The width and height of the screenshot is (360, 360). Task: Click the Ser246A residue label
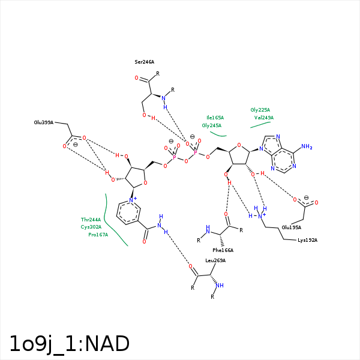coord(144,62)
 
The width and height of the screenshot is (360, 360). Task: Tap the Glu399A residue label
coord(44,122)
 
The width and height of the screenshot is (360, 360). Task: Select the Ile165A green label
coord(215,118)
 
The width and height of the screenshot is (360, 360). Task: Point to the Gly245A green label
coord(212,125)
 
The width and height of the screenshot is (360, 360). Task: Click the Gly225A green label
coord(260,110)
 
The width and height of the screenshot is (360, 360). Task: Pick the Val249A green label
coord(264,118)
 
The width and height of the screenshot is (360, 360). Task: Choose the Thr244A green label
coord(91,220)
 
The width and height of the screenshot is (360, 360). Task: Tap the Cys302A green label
coord(91,227)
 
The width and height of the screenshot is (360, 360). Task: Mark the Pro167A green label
coord(98,235)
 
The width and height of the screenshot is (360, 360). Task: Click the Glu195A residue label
coord(292,227)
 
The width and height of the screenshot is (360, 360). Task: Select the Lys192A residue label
coord(307,240)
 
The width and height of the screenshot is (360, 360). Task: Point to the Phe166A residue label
coord(223,250)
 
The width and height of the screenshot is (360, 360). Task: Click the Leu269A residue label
coord(215,260)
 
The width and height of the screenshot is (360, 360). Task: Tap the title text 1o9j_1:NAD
coord(69,344)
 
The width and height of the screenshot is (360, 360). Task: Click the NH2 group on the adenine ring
coord(306,146)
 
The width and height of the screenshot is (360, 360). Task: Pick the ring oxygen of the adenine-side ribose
coord(239,145)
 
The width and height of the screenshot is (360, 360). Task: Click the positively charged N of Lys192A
coord(260,215)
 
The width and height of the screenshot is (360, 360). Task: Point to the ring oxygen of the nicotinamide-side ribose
coord(145,184)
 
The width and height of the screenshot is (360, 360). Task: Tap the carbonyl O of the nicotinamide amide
coord(145,241)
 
